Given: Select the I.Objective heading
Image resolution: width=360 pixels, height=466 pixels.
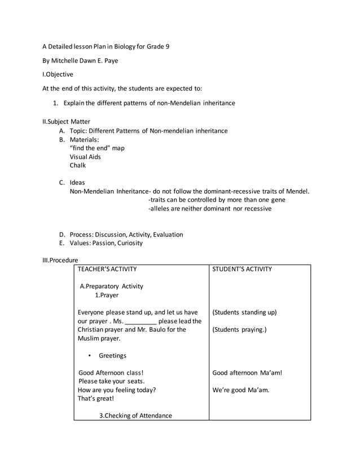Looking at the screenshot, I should [58, 74].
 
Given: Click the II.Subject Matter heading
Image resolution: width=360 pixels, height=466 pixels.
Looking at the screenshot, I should [67, 121].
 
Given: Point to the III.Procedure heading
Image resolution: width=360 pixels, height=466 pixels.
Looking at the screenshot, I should [60, 260].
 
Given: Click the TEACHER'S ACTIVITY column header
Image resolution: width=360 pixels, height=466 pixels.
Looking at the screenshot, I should [107, 269].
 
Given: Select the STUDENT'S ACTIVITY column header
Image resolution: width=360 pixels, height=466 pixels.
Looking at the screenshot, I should [242, 269].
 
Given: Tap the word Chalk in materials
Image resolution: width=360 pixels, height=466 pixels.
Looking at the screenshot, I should [78, 165].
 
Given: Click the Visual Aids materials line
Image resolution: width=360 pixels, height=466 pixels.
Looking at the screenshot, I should [85, 157].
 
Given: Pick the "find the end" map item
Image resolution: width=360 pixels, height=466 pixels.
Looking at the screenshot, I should [97, 148].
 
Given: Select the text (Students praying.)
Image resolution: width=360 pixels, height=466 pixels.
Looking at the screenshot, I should [239, 329].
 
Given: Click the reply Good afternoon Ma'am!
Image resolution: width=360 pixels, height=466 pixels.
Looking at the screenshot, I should [247, 372].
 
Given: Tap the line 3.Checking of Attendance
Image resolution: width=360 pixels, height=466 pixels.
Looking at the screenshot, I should [135, 416].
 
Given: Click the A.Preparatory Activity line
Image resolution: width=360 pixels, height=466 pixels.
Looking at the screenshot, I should [111, 286].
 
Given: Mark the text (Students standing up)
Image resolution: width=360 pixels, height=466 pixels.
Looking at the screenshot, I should [244, 312].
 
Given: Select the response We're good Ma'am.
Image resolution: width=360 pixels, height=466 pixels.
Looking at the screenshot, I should [241, 389].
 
